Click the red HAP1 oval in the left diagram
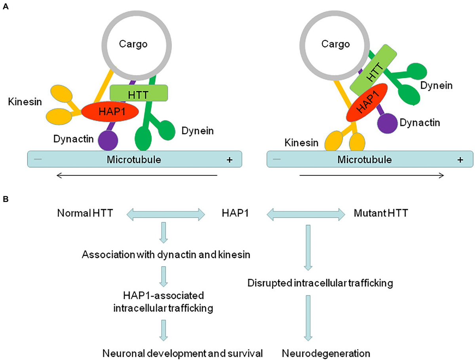click(x=110, y=112)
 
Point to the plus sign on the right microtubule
click(x=460, y=160)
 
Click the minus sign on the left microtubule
click(x=38, y=160)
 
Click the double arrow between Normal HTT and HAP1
click(x=165, y=214)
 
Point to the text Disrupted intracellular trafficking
click(x=320, y=284)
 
